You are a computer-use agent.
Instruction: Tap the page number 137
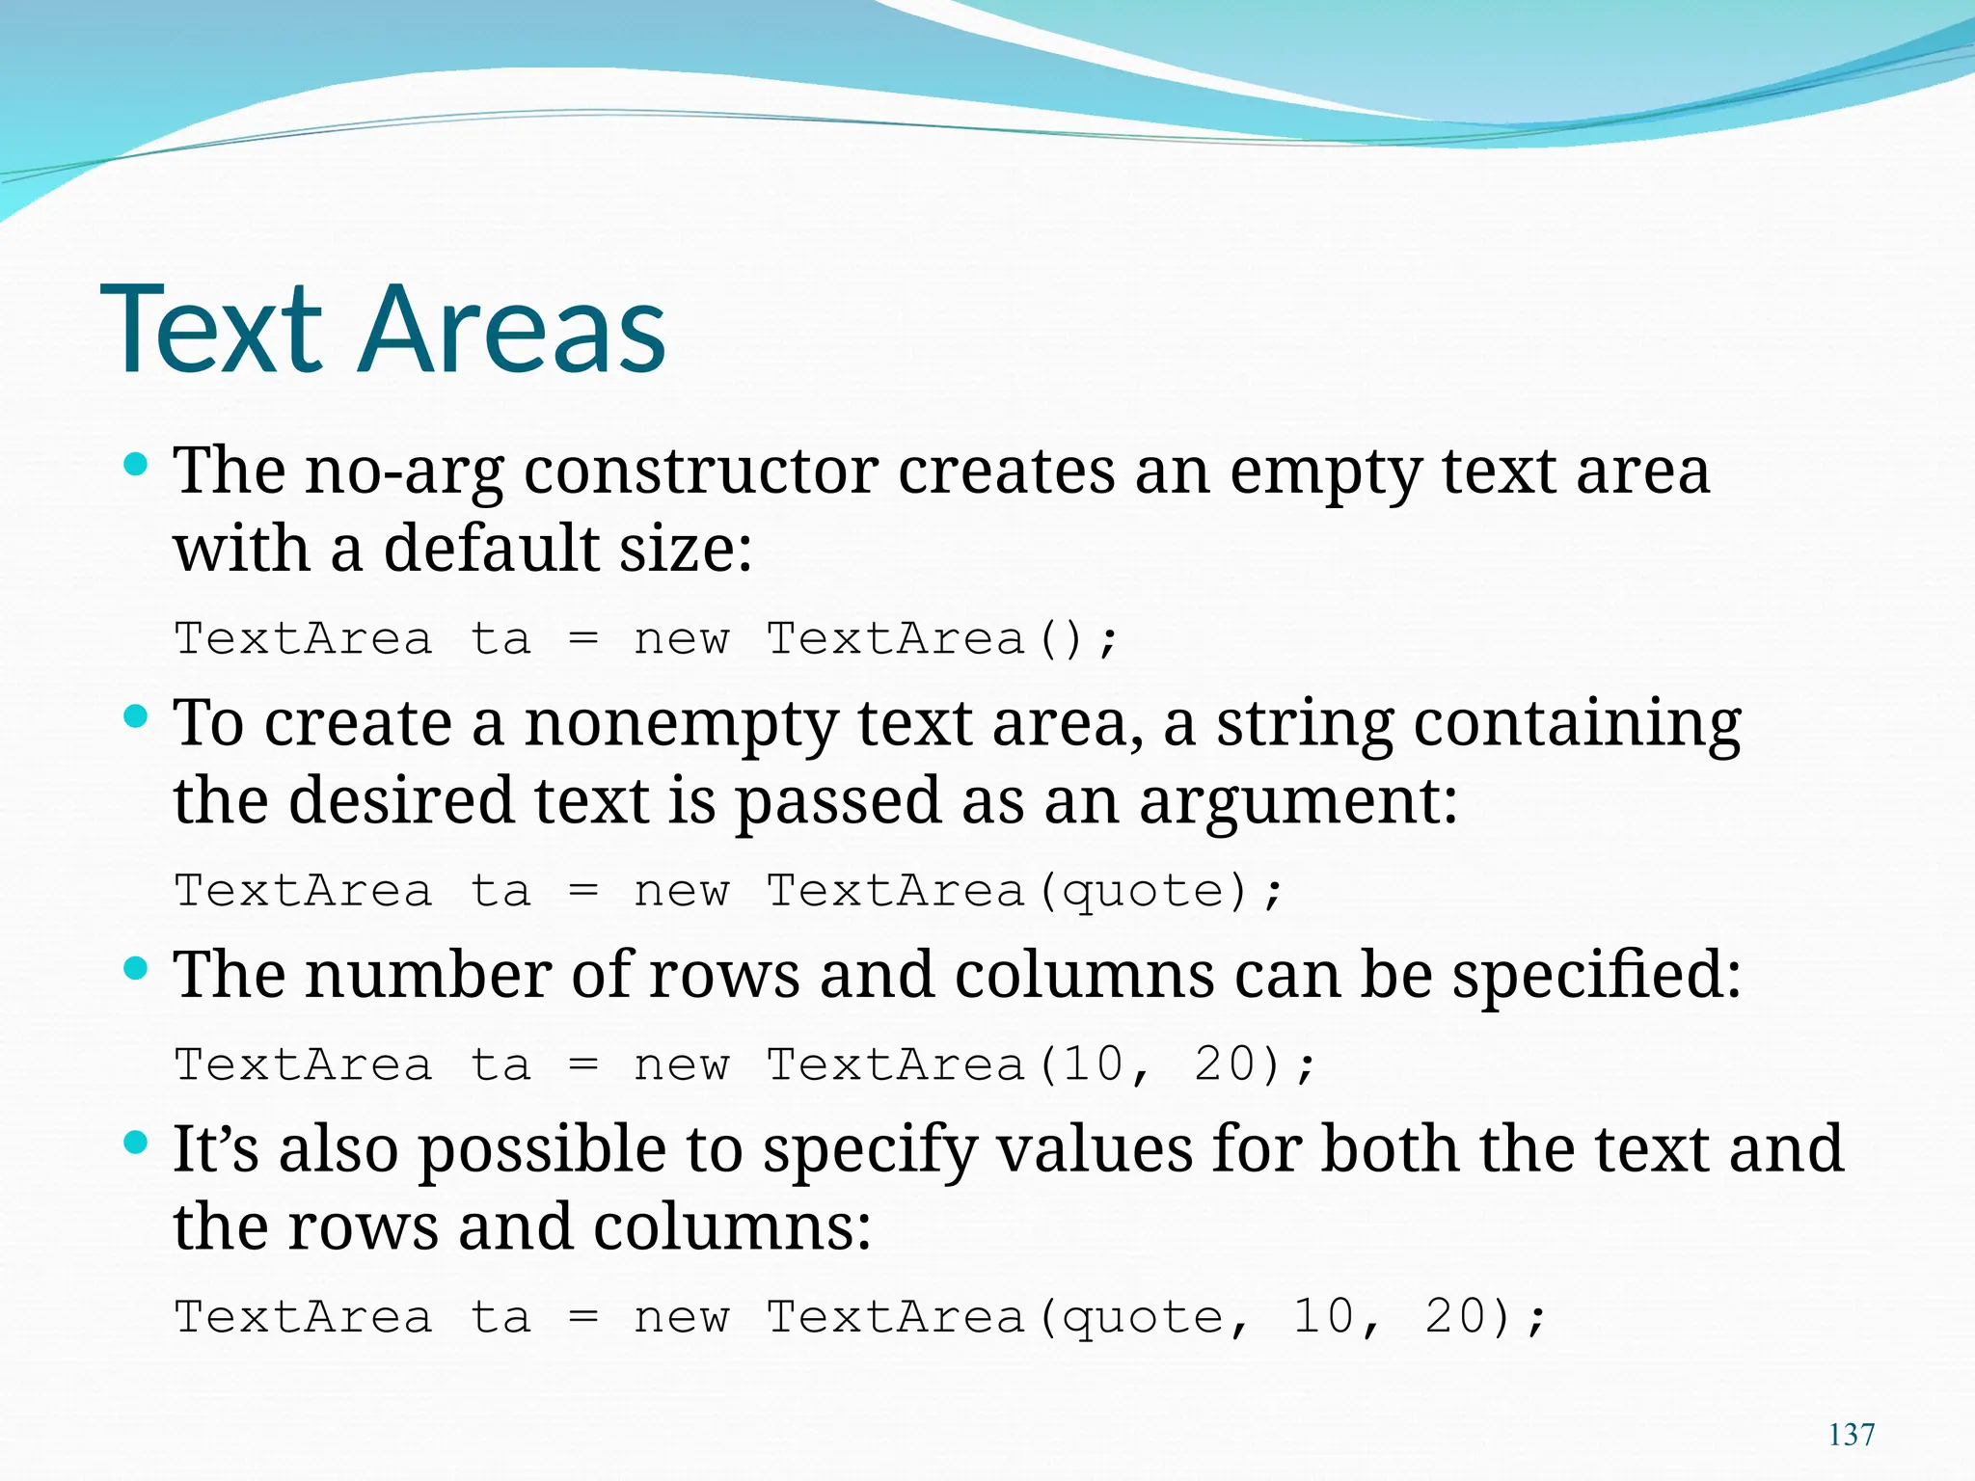coord(1852,1435)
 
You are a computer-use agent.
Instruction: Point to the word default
coord(492,549)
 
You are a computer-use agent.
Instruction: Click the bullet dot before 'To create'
coord(136,716)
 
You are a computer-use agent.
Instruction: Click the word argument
coord(1298,802)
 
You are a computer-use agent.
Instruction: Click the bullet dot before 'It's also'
coord(136,1144)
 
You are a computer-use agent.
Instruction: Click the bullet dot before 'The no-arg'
coord(136,465)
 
